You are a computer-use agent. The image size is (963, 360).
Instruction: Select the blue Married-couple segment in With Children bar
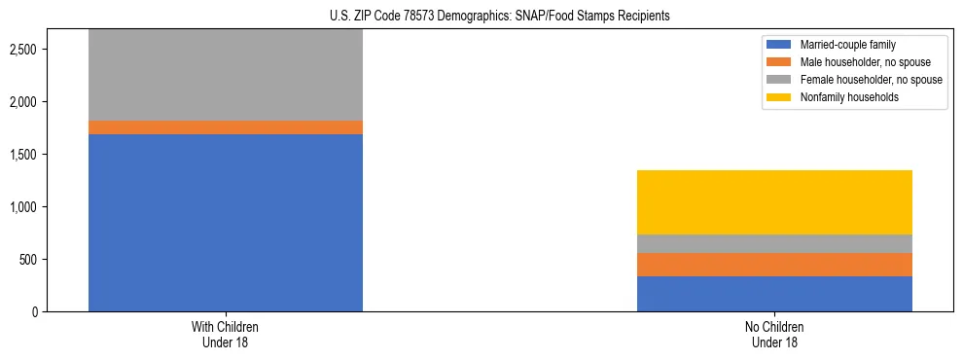(226, 223)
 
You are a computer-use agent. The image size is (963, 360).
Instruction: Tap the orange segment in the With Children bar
(226, 127)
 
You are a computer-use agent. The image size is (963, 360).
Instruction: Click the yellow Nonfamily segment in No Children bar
(774, 202)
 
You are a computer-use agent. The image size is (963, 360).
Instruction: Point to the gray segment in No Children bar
(774, 244)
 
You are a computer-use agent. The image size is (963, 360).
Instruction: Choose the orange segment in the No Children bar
(774, 265)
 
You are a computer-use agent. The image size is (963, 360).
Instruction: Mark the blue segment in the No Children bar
(774, 294)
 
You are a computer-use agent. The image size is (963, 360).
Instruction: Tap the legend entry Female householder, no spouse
(870, 80)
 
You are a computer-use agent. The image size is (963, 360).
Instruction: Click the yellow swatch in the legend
(779, 97)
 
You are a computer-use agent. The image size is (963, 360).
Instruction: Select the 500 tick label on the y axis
(28, 260)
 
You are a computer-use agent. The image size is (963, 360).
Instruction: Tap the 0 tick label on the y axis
(35, 312)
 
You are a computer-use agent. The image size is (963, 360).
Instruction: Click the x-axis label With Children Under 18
(226, 334)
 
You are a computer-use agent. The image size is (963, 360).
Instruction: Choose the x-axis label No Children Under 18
(774, 334)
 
